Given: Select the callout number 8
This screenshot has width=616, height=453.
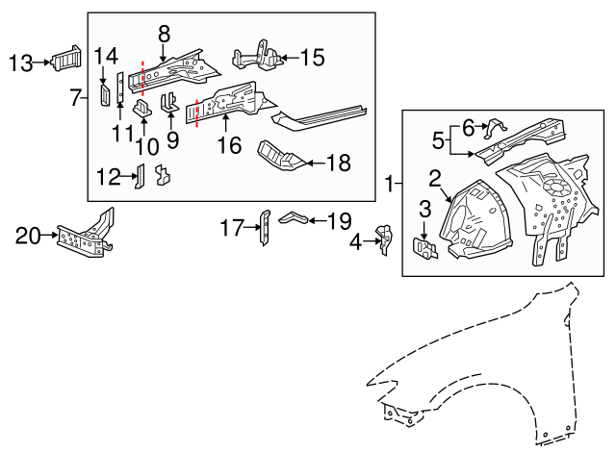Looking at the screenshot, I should point(164,33).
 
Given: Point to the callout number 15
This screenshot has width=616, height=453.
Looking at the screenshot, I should point(312,58).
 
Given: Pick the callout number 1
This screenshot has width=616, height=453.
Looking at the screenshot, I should point(389,182).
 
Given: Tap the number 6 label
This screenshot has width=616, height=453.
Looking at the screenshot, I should point(469,126).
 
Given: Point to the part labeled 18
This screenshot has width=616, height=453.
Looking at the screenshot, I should point(278,158).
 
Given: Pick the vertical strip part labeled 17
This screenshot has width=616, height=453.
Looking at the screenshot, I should point(265,227).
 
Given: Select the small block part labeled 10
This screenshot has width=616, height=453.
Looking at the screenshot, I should point(141,109).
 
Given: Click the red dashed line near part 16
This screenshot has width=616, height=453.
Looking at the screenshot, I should point(197,113).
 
